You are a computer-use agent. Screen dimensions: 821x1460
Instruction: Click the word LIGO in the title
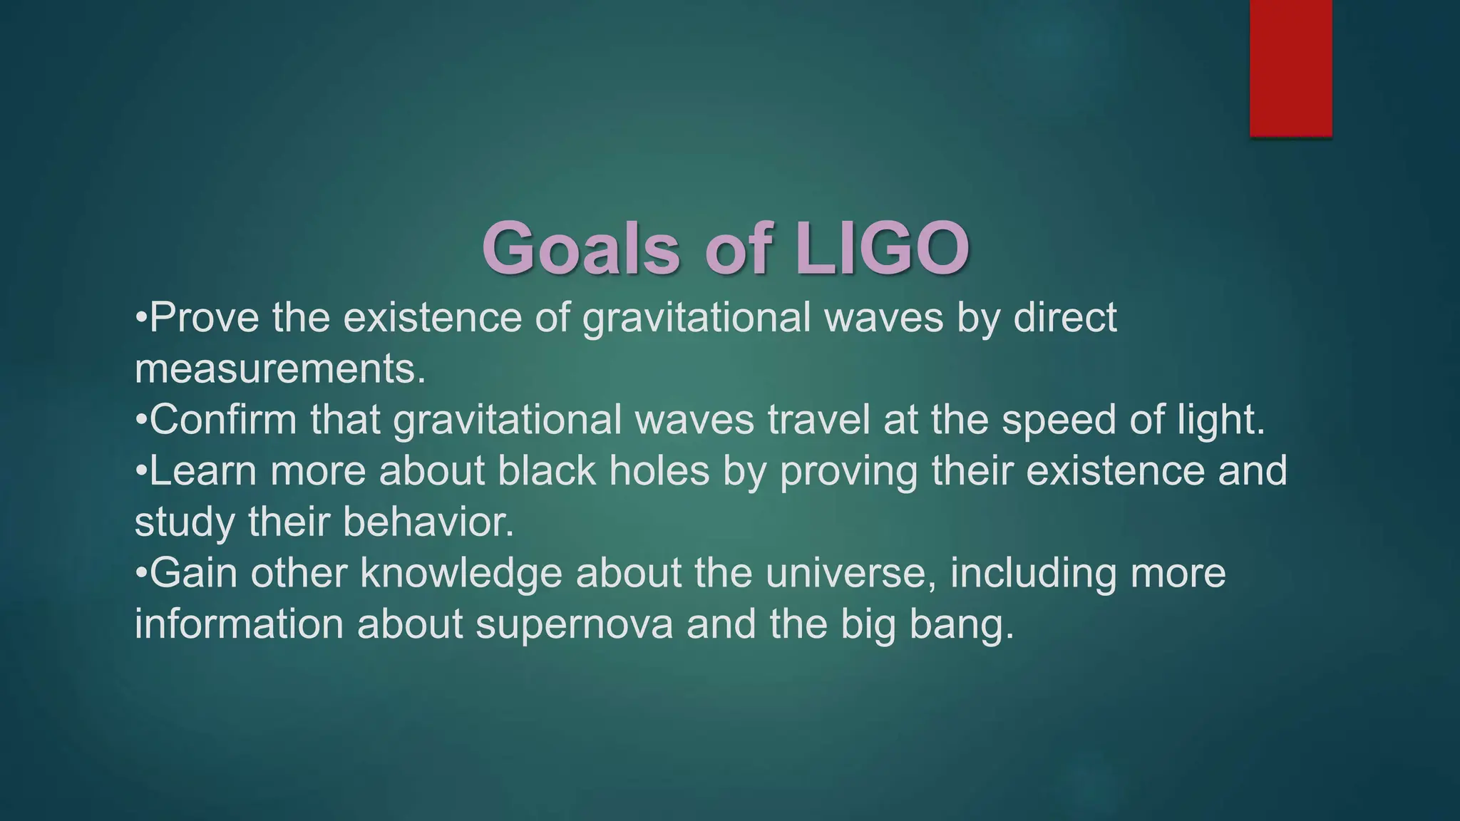coord(882,249)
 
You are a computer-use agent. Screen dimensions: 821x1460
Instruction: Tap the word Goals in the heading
coord(581,249)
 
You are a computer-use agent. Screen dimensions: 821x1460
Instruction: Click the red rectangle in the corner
coord(1290,68)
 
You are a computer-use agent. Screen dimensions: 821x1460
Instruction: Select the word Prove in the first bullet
coord(205,318)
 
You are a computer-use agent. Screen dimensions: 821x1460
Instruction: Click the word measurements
coord(279,369)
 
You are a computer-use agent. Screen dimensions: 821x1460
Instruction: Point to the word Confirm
coord(223,420)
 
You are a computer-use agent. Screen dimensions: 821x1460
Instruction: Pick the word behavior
coord(428,522)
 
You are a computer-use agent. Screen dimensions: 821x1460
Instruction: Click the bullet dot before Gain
coord(140,573)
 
